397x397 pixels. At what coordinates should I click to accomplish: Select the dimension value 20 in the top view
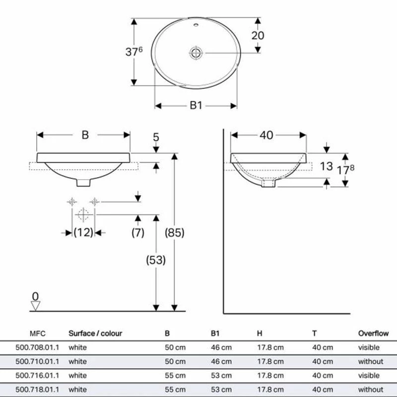click(x=258, y=35)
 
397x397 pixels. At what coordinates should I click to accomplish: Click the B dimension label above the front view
click(x=85, y=135)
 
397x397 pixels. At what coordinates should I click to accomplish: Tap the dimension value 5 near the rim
click(x=156, y=136)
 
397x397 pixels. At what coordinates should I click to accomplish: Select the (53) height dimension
click(x=155, y=260)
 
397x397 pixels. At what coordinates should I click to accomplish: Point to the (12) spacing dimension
click(x=83, y=232)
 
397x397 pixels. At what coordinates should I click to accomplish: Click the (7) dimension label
click(x=138, y=232)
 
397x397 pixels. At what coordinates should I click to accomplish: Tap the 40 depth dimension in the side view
click(x=266, y=135)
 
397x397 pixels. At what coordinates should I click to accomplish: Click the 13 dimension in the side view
click(x=326, y=166)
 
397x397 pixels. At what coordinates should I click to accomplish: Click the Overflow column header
click(x=373, y=333)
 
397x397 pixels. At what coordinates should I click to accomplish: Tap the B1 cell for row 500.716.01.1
click(x=221, y=376)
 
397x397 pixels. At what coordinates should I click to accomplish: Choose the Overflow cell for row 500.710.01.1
click(x=370, y=361)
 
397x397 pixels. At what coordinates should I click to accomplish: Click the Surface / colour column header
click(x=95, y=333)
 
